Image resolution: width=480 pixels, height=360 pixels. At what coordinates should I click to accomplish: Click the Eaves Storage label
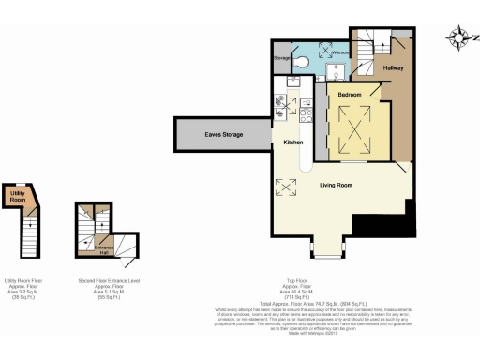point(224,135)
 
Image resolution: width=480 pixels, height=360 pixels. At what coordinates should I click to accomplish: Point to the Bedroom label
point(350,96)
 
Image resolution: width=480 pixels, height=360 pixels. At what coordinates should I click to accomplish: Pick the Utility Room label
point(17,198)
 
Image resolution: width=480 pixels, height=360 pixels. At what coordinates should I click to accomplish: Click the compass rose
point(459,37)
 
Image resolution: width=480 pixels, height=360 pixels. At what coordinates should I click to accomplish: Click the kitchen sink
point(289,82)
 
